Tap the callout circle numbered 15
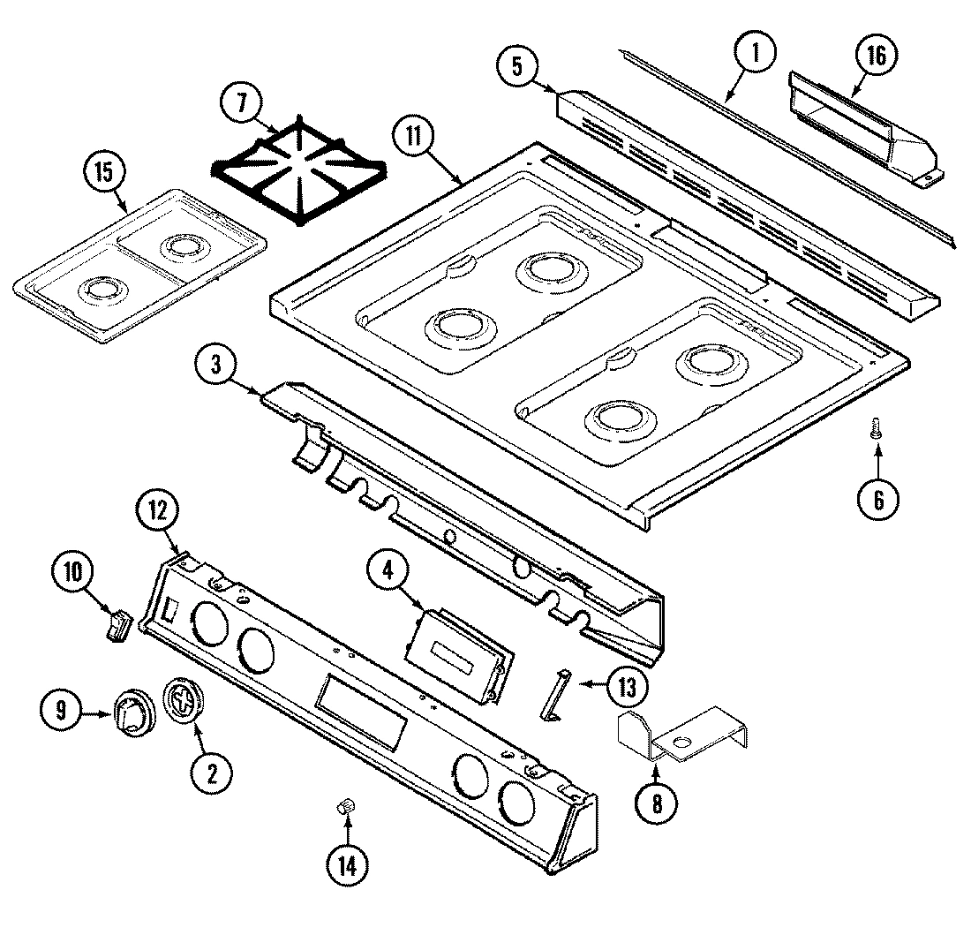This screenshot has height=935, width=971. (104, 173)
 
